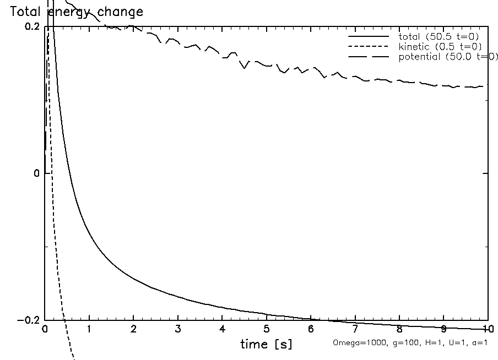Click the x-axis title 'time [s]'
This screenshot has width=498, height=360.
pyautogui.click(x=266, y=345)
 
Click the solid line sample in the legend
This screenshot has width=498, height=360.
pyautogui.click(x=367, y=37)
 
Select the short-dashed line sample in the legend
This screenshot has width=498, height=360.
pyautogui.click(x=367, y=47)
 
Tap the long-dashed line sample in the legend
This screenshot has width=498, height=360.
pyautogui.click(x=367, y=57)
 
